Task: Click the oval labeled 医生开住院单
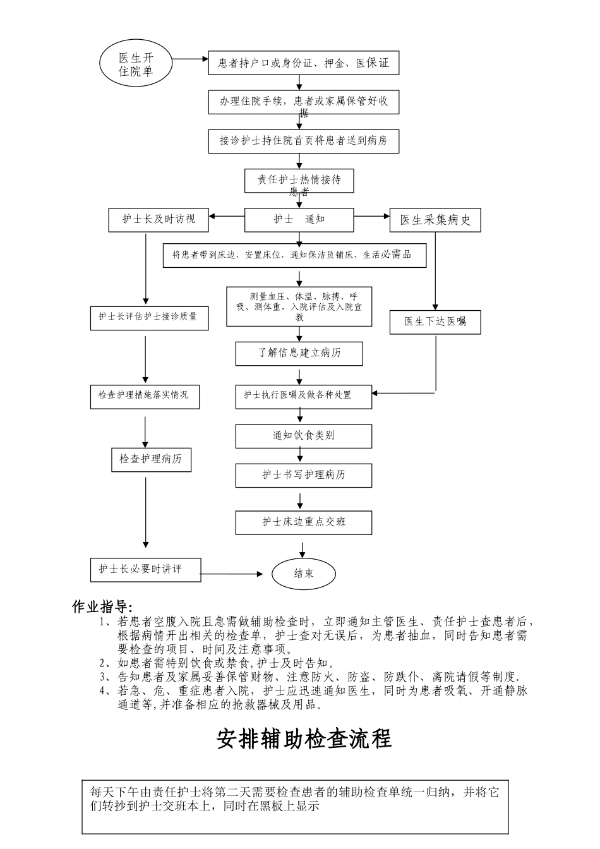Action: [x=136, y=64]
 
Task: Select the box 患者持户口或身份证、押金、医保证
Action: [x=304, y=63]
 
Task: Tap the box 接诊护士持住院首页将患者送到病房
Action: [x=304, y=141]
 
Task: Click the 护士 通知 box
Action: [x=299, y=219]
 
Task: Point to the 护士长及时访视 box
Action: [x=159, y=219]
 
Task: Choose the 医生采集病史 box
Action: [x=435, y=220]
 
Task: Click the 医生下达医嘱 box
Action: [x=435, y=322]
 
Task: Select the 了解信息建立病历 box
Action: [x=299, y=353]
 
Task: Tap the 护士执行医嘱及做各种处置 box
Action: [x=304, y=395]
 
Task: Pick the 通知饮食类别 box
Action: [x=304, y=436]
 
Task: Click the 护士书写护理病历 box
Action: [x=304, y=475]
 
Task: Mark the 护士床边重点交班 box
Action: [x=304, y=522]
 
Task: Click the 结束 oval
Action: [x=303, y=574]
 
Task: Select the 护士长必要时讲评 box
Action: [x=145, y=569]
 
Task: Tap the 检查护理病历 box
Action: [x=151, y=459]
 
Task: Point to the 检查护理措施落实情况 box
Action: [x=145, y=395]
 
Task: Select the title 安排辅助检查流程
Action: [x=304, y=738]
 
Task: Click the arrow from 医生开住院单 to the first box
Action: [x=190, y=60]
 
